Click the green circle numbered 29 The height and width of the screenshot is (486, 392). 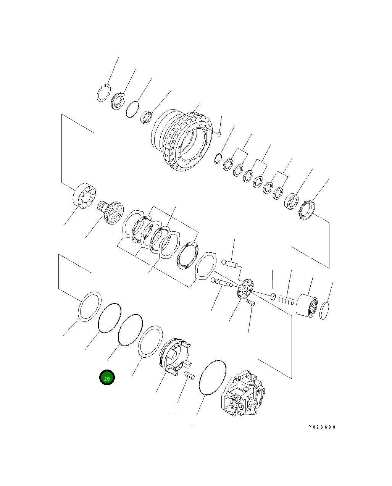(107, 378)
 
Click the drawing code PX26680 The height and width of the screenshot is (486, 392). (322, 427)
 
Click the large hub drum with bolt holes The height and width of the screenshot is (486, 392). (182, 140)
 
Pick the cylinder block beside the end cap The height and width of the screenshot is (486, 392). (307, 305)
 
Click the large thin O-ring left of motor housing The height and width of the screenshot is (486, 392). (213, 376)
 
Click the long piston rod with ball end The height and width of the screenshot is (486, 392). (223, 283)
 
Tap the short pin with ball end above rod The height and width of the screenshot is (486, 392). (230, 263)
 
